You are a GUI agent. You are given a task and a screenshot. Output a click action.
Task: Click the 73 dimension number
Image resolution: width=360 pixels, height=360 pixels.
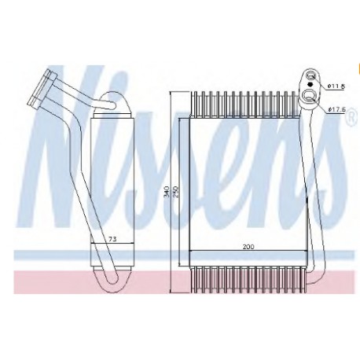tap(112, 239)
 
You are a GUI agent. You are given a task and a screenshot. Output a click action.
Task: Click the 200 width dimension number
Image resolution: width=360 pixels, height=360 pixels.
tap(248, 247)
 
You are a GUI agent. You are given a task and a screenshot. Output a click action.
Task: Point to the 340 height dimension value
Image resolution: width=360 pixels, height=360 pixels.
tap(166, 192)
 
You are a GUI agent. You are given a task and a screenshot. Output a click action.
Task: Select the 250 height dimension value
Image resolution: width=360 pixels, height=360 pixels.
tap(175, 192)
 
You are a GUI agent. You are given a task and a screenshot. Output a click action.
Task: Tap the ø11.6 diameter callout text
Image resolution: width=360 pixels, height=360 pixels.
tap(336, 86)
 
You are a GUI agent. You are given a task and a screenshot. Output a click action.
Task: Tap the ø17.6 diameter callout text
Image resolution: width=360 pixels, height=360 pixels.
tap(336, 109)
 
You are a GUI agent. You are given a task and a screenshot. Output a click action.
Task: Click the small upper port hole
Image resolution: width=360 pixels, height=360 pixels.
tap(311, 76)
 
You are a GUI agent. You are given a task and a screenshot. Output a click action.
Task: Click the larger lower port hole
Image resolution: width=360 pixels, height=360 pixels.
tap(310, 95)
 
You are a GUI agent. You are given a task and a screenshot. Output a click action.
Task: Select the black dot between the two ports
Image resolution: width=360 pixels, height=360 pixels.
tap(310, 84)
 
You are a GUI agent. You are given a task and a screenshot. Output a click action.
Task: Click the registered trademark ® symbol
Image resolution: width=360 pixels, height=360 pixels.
tap(353, 116)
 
